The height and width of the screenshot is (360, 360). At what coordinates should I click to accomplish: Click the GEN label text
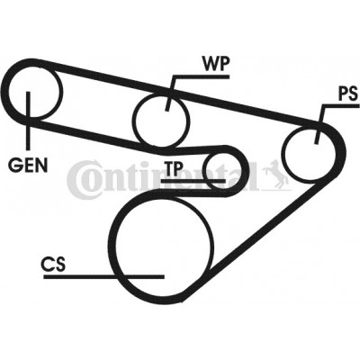(28, 165)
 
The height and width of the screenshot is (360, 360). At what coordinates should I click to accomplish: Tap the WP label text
(216, 64)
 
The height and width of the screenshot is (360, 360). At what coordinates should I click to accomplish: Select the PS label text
(348, 94)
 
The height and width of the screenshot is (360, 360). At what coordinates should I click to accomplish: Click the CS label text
(53, 264)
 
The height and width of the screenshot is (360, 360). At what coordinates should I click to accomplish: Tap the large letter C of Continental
(79, 176)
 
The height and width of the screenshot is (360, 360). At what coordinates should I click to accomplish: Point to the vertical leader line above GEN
(29, 121)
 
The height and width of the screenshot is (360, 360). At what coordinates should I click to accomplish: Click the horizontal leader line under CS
(103, 276)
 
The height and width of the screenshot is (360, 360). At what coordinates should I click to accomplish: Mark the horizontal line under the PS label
(340, 105)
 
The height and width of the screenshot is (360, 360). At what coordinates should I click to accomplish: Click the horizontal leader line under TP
(193, 181)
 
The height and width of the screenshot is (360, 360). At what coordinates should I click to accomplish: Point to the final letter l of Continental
(254, 176)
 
